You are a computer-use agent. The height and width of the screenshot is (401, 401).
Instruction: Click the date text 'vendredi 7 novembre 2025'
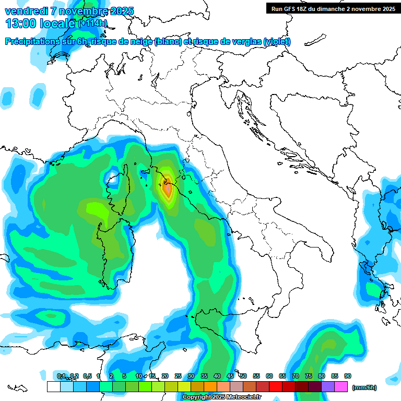coord(69,11)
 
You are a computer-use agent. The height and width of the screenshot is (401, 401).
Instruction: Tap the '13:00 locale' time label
coord(40,23)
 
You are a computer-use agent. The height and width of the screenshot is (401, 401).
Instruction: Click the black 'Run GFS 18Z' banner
coord(332,8)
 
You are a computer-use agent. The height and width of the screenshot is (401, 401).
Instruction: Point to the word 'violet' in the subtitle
coord(277,42)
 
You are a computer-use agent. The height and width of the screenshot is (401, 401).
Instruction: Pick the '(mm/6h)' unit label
coord(365,387)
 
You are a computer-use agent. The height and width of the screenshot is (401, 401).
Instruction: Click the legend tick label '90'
coord(348,376)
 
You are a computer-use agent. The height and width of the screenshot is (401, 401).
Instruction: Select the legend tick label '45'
coord(230,376)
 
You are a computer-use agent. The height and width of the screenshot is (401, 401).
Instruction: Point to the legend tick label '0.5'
coord(87,376)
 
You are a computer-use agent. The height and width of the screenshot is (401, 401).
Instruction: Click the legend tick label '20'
coord(165,376)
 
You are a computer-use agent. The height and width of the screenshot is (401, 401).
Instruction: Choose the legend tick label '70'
coord(296,376)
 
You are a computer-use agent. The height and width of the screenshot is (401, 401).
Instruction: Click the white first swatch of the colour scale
coord(53,386)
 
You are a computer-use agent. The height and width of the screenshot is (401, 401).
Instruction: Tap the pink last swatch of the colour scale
coord(341,386)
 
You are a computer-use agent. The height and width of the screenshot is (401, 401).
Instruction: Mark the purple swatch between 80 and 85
coord(328,386)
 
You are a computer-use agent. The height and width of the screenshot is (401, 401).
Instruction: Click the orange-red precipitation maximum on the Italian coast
coord(168,189)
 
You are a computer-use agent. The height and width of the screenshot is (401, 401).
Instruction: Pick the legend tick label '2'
coord(111,376)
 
